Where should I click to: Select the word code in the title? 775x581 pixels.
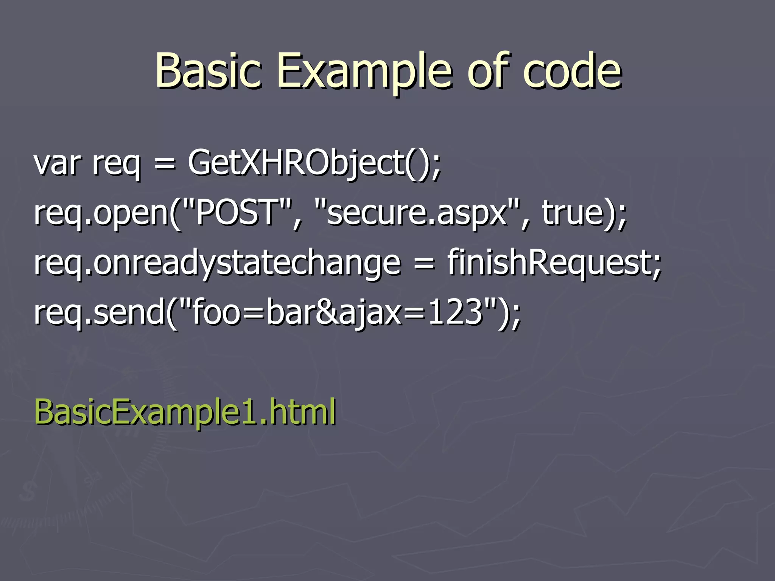(x=572, y=70)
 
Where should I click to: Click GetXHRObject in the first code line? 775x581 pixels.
(x=295, y=163)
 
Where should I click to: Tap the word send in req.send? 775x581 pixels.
(x=129, y=312)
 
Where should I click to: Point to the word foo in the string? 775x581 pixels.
(x=216, y=312)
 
